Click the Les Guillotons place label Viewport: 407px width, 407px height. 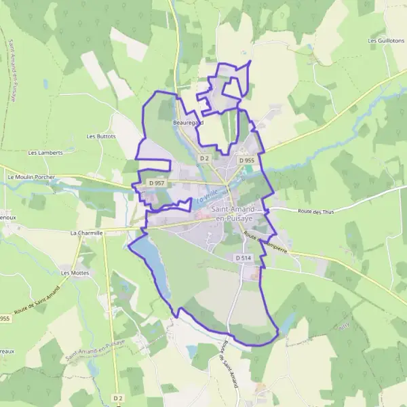pyautogui.click(x=385, y=41)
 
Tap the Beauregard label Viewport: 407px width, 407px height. pyautogui.click(x=188, y=123)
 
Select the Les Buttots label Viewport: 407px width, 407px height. pyautogui.click(x=101, y=136)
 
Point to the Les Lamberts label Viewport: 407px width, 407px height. pyautogui.click(x=45, y=153)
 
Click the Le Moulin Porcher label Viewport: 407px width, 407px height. pyautogui.click(x=31, y=177)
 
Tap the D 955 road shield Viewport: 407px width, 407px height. pyautogui.click(x=246, y=160)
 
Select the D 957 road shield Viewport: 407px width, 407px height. pyautogui.click(x=155, y=183)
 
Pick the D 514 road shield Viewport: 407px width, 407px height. pyautogui.click(x=244, y=258)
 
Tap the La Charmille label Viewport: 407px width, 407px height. pyautogui.click(x=86, y=233)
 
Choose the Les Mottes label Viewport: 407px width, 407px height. pyautogui.click(x=75, y=273)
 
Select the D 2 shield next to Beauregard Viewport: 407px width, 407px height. pyautogui.click(x=204, y=158)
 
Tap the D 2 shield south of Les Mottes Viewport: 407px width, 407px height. pyautogui.click(x=118, y=398)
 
